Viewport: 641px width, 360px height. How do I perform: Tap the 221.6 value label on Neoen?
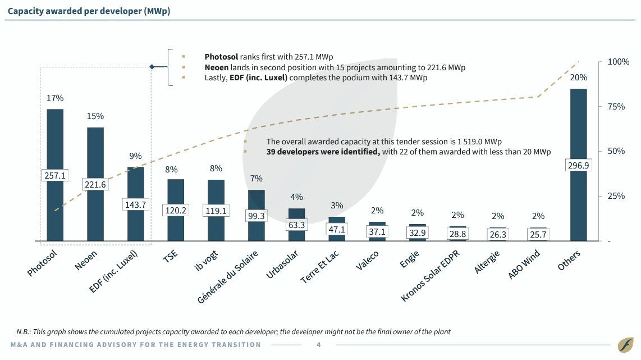tap(95, 184)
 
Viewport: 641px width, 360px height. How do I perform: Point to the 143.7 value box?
tap(135, 205)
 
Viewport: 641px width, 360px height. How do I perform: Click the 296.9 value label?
tap(578, 165)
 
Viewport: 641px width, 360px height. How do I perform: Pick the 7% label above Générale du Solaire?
tap(257, 179)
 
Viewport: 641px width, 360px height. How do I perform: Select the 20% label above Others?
tap(578, 78)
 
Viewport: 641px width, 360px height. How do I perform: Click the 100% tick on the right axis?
tap(619, 62)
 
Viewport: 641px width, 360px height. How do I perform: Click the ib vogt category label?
tap(208, 261)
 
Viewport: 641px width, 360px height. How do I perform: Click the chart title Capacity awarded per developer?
tap(88, 11)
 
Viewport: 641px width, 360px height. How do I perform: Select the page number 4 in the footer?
tap(319, 345)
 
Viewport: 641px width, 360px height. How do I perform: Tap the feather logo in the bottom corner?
tap(625, 344)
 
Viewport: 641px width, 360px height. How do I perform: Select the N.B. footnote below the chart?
tap(233, 331)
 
